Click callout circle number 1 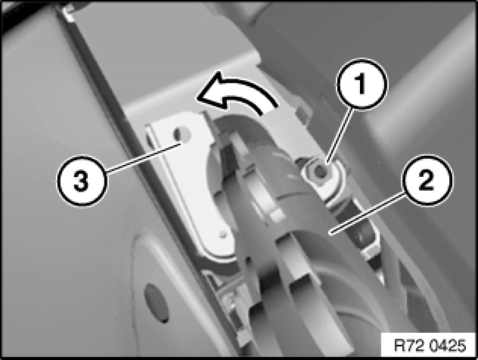point(362,84)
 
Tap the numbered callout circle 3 point(82,182)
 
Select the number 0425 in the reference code point(449,346)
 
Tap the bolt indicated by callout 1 point(320,172)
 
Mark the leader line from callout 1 point(340,134)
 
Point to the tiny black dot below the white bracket point(249,259)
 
